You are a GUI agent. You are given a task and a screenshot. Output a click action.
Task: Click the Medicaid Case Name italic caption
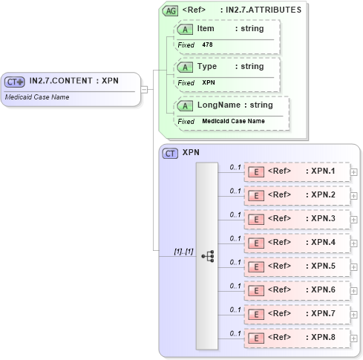[37, 96]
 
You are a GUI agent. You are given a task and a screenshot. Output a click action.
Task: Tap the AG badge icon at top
[170, 11]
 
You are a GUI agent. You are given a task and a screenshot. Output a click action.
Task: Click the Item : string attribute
[230, 28]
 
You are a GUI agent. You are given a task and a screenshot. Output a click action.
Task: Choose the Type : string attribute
[230, 67]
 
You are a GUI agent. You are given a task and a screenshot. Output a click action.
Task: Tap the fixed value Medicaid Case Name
[233, 121]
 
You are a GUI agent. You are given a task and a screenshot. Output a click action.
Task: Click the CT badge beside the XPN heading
[170, 153]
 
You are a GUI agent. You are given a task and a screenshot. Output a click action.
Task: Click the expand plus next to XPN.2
[354, 196]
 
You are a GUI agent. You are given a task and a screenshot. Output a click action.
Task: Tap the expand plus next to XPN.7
[354, 314]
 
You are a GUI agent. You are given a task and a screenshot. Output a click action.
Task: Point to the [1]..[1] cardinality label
[183, 252]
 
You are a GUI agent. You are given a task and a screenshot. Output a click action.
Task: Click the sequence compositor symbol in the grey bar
[207, 255]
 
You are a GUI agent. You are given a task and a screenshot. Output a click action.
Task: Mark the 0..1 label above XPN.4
[235, 238]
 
